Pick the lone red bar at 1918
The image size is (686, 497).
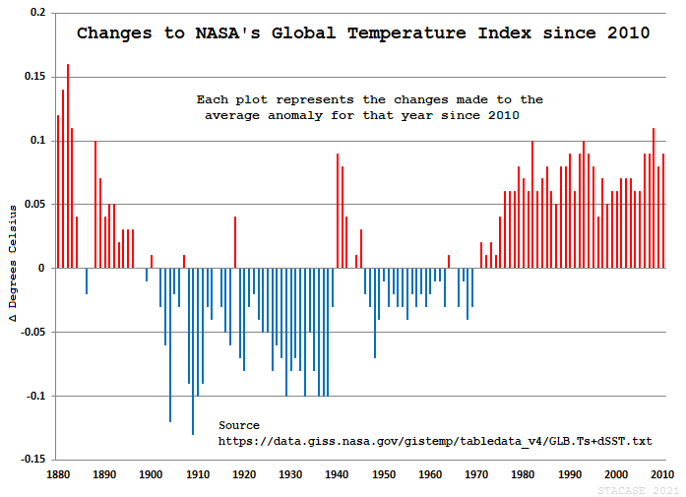coord(235,242)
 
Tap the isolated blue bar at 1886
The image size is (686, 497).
coord(86,280)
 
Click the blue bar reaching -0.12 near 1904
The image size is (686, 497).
coord(169,344)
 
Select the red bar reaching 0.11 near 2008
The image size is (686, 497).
coord(653,197)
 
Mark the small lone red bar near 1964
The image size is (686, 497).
coord(449,262)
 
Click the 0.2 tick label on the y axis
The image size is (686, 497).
coord(36,14)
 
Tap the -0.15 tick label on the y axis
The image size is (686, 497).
coord(31,460)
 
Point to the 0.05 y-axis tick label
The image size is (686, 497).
coord(33,205)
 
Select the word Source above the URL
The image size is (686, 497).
coord(239,425)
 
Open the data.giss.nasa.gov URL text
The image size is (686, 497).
coord(434,441)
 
